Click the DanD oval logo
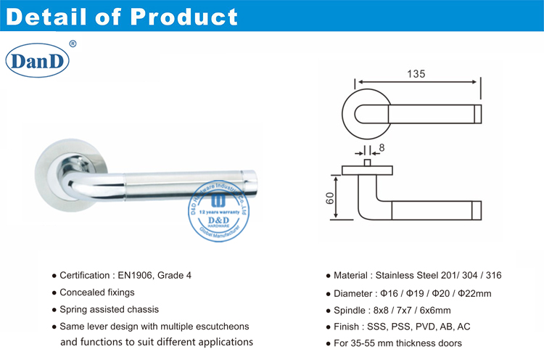38,61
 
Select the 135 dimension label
415,73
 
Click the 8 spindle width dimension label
382,148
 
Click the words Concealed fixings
97,292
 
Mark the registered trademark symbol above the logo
72,44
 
